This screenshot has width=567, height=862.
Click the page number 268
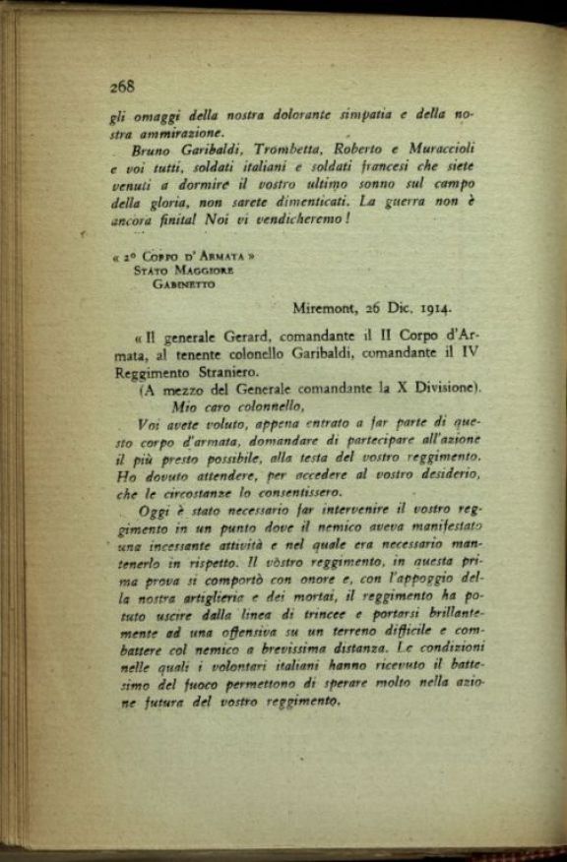pyautogui.click(x=122, y=86)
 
